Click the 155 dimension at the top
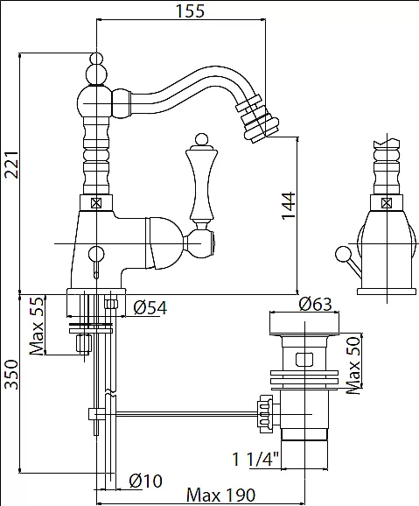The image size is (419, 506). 190,11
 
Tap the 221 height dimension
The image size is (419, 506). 11,165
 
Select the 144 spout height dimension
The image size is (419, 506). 289,206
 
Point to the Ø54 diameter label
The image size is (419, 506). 150,307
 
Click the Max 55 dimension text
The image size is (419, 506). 36,326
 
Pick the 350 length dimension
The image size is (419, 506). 11,375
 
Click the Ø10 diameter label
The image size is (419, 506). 145,481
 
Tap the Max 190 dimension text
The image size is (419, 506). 221,495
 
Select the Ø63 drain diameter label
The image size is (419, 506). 315,304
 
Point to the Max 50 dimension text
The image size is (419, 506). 353,365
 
